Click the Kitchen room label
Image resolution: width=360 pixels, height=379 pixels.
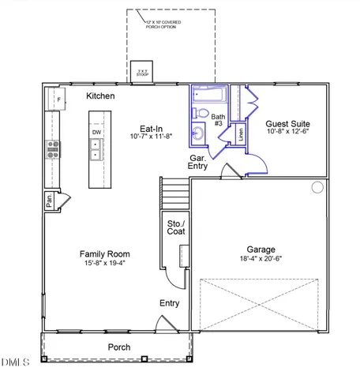[100, 96]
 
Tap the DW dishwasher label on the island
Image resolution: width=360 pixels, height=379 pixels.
[96, 133]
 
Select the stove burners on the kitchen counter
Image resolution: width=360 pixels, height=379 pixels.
[52, 150]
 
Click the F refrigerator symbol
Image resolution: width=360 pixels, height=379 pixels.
[58, 99]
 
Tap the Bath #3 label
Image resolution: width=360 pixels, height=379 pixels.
[218, 120]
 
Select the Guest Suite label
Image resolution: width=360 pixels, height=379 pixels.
[287, 124]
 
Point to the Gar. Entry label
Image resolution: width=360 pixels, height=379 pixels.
[198, 162]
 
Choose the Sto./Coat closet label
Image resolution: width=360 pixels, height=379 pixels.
[175, 228]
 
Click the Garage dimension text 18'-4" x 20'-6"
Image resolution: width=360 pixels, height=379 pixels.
[260, 257]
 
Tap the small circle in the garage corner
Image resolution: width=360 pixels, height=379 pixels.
[317, 187]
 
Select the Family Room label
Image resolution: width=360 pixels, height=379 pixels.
[104, 253]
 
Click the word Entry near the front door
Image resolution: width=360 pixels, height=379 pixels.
[169, 303]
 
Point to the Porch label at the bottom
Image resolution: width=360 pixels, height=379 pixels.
[119, 347]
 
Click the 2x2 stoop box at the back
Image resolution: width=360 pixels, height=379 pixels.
[143, 71]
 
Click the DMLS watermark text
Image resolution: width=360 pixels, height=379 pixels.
[15, 362]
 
